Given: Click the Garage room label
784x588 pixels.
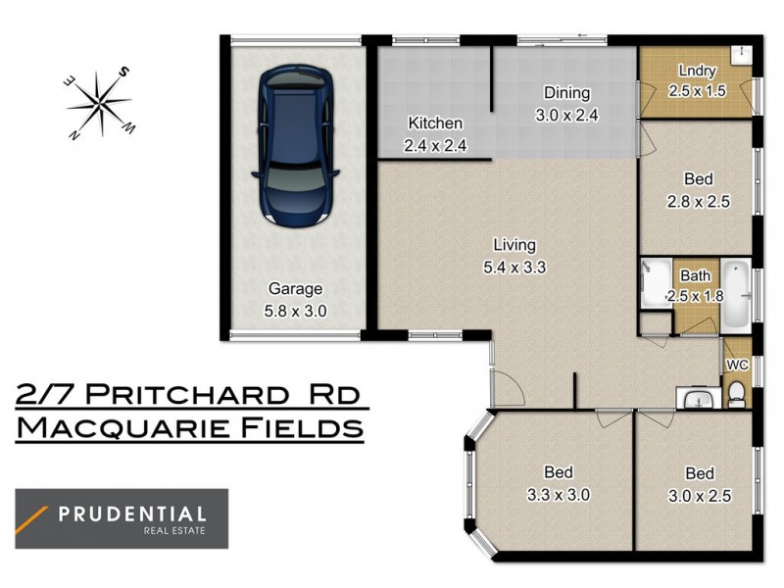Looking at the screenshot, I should tap(296, 289).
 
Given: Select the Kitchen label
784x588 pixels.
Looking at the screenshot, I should tap(435, 123).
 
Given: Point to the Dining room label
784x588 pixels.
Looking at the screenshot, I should tap(567, 94).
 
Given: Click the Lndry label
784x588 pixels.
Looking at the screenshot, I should tap(698, 71).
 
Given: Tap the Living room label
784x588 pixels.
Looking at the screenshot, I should tap(514, 245).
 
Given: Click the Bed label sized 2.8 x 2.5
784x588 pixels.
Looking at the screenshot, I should tap(698, 180).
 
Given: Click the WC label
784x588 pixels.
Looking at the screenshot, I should tap(737, 366).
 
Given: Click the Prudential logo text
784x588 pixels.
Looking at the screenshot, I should tap(132, 514).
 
